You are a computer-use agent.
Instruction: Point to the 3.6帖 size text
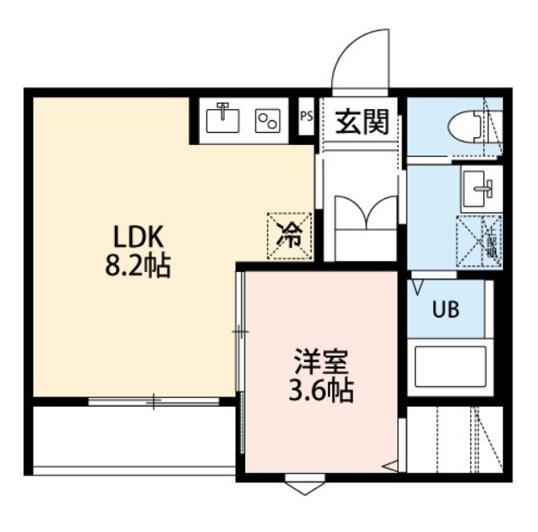(x=319, y=390)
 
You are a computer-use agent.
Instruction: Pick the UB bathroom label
(x=444, y=310)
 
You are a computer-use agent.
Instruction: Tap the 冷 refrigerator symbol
(x=290, y=233)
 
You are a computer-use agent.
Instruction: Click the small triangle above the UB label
(x=419, y=283)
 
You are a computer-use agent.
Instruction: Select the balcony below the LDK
(x=133, y=436)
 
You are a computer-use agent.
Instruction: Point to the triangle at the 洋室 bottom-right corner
(x=390, y=466)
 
